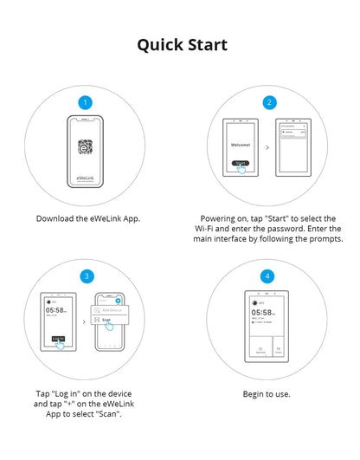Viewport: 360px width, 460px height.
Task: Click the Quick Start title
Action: coord(183,45)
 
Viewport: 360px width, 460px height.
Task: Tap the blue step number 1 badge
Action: coord(85,102)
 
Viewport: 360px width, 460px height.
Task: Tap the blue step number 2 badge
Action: coord(269,102)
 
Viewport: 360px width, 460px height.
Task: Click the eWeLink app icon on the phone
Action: coord(85,147)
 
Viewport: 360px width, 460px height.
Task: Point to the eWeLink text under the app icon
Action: coord(85,179)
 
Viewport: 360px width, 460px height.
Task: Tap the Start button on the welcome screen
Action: coord(242,164)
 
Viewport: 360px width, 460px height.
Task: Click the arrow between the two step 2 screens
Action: coord(267,149)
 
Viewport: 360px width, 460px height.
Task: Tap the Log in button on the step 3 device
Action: coord(59,338)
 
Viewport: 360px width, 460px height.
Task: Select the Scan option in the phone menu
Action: coord(107,320)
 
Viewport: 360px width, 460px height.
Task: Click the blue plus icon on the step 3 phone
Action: coord(118,300)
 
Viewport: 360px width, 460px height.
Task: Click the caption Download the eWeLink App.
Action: coord(87,218)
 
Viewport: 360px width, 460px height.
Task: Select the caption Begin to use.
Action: coord(267,394)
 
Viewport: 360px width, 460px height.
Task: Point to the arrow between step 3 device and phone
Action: coord(83,321)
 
